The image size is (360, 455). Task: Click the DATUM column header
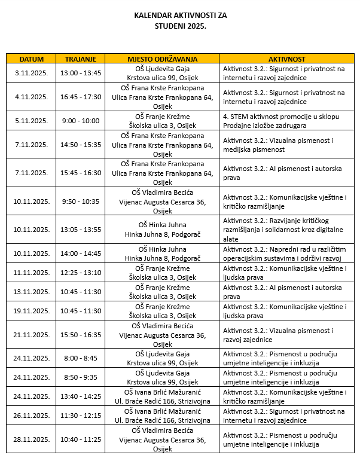[31, 59]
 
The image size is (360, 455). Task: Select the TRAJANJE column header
[81, 59]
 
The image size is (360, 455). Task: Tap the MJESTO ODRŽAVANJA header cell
[162, 59]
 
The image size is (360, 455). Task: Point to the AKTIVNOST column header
[286, 59]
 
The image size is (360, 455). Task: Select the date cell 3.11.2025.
[31, 73]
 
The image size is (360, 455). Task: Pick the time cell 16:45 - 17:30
[81, 97]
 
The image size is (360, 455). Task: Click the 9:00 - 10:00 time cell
[81, 121]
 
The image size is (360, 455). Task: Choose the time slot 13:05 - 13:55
[81, 229]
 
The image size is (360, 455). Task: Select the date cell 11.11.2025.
[31, 273]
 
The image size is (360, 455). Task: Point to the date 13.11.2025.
[31, 292]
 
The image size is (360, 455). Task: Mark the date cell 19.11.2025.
[31, 311]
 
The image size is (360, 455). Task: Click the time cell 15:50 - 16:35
[81, 335]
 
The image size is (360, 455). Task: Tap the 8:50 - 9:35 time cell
[81, 377]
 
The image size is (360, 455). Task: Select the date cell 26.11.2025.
[31, 416]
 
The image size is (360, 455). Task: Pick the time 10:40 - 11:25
[81, 439]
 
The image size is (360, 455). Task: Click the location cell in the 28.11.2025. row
[162, 439]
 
